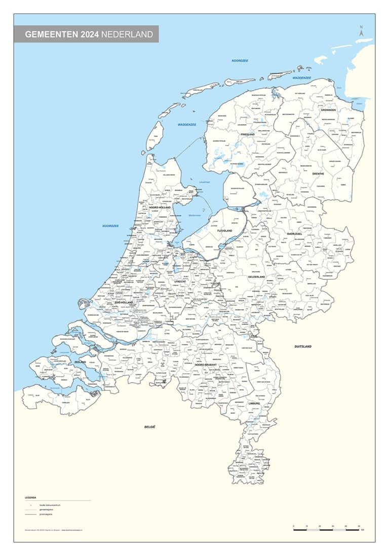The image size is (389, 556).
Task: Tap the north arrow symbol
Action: pos(361,31)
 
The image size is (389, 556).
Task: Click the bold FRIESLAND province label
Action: pos(247,134)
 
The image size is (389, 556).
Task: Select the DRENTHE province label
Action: pos(318,174)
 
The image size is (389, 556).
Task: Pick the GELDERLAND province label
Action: pos(257,277)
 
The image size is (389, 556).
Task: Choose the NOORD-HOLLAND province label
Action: pos(160,207)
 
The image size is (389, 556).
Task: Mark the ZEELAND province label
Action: pos(80,362)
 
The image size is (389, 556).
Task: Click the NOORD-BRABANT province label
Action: pos(206,365)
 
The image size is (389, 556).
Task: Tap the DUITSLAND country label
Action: pos(303,347)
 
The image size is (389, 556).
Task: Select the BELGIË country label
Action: pos(149,427)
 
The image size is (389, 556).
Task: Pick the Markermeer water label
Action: pos(195,215)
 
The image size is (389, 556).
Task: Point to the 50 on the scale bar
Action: pos(359,527)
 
